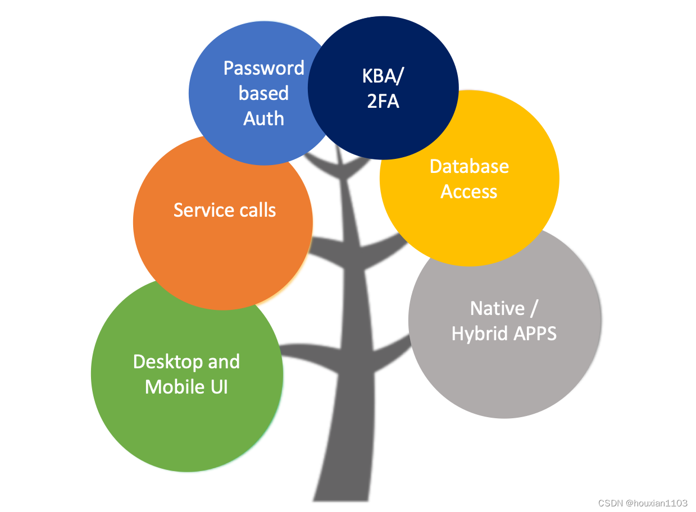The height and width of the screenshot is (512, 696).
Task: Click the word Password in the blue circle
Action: (263, 68)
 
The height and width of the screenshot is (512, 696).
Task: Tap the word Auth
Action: (263, 118)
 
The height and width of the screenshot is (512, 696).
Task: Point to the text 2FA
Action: (383, 102)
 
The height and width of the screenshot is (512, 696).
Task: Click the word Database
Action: (469, 166)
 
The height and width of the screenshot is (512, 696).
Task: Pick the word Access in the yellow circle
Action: (469, 191)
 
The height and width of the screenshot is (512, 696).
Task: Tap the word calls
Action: (256, 210)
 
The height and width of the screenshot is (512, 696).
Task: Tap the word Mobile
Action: (172, 387)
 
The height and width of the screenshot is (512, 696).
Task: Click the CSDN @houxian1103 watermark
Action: (643, 503)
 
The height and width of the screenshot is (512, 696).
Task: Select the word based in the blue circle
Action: (263, 93)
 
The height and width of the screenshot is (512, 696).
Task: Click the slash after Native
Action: (535, 308)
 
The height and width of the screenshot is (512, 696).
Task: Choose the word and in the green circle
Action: (224, 362)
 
